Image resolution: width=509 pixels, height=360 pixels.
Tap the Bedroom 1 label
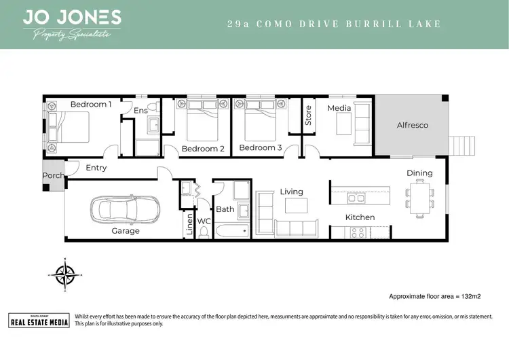click(x=91, y=104)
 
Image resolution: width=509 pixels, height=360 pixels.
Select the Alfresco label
click(x=412, y=125)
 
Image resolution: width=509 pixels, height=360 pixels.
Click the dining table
click(x=419, y=198)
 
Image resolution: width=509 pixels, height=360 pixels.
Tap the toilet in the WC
click(x=204, y=232)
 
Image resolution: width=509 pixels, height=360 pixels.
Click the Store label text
click(x=308, y=115)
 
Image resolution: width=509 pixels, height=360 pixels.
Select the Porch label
click(x=53, y=175)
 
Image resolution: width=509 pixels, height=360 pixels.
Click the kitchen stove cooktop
click(x=357, y=232)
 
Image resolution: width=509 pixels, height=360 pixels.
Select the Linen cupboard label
click(x=189, y=227)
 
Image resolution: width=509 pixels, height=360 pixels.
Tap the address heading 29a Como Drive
click(x=333, y=24)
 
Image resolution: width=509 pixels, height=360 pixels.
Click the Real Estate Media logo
click(x=39, y=320)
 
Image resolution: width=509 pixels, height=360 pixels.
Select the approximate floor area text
click(x=434, y=297)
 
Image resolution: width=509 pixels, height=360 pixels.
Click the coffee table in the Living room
click(x=293, y=206)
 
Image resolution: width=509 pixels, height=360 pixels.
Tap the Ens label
click(x=140, y=110)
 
